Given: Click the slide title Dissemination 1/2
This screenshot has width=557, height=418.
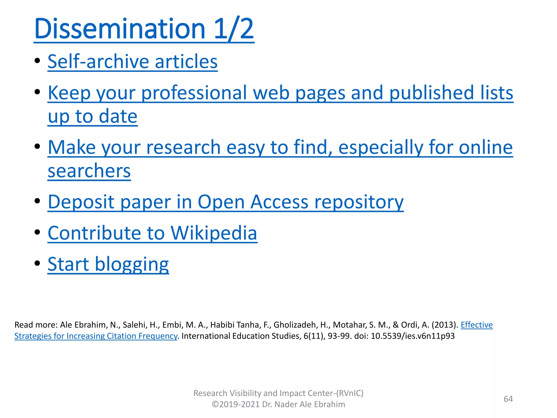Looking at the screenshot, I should (144, 29).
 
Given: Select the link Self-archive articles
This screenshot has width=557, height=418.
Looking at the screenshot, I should (132, 62).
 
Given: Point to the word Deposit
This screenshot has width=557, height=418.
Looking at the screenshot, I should (81, 202).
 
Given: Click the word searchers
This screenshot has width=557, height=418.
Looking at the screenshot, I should (89, 171).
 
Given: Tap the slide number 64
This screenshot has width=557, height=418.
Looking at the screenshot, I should (508, 399).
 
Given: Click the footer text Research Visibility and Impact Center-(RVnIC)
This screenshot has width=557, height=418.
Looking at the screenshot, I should (278, 393).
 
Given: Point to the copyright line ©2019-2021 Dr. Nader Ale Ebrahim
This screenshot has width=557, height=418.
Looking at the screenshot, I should (278, 404).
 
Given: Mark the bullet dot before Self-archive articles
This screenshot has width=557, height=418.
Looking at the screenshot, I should (38, 60).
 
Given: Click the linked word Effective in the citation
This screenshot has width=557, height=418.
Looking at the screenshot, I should (476, 325).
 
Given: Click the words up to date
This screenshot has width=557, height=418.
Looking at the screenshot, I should (92, 116).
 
